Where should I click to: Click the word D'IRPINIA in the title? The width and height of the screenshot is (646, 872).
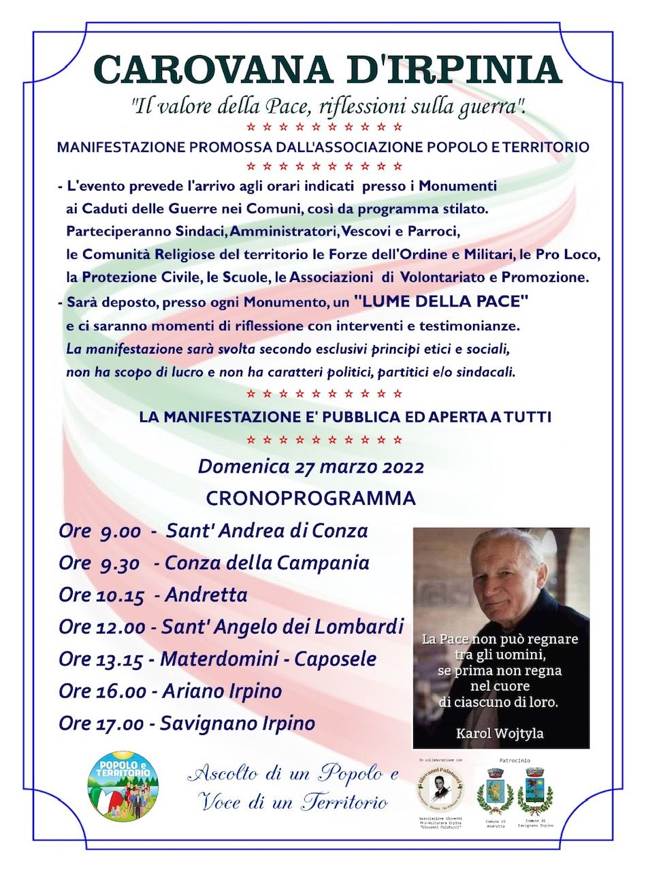(x=446, y=69)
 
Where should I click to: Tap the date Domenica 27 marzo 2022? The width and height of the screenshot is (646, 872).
(x=310, y=467)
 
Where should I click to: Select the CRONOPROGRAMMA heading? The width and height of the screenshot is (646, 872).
(x=310, y=499)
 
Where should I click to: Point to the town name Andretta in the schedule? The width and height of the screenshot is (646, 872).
(x=206, y=595)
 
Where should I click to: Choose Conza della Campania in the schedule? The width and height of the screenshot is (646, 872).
(x=267, y=563)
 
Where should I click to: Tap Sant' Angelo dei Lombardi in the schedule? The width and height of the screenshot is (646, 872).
(x=282, y=627)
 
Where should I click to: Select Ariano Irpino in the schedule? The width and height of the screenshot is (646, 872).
(x=222, y=691)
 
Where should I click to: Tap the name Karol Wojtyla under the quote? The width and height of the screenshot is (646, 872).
(x=501, y=733)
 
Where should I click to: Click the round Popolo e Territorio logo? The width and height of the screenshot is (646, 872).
(x=123, y=785)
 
